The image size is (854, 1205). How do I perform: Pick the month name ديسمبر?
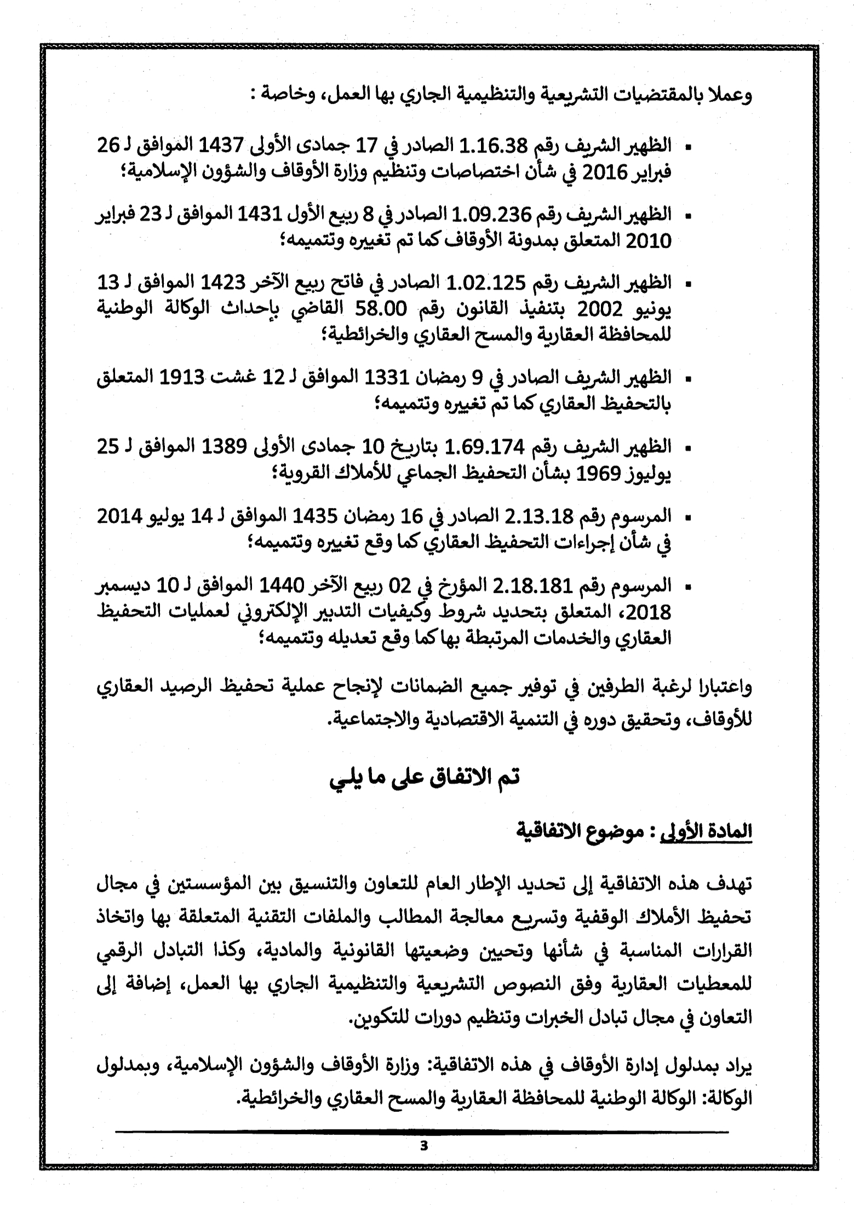pos(120,586)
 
